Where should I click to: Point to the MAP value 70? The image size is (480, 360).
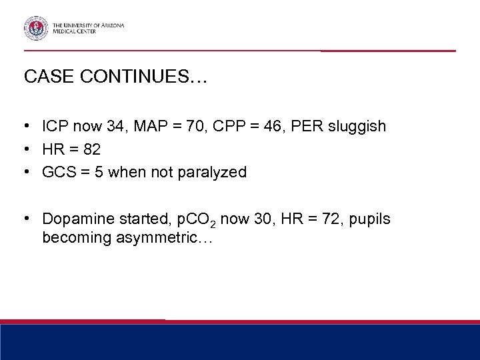coord(176,126)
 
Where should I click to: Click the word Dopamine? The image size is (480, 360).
coord(75,219)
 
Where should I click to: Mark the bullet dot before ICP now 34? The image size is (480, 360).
coord(28,127)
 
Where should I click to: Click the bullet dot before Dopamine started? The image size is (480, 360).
coord(28,219)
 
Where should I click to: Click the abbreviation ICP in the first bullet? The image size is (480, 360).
coord(55,126)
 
